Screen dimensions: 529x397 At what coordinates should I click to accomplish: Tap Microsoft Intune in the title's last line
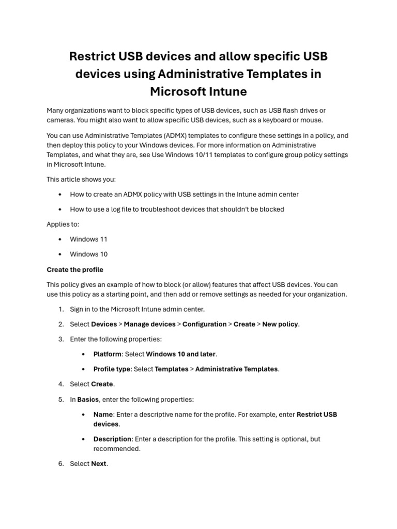point(198,91)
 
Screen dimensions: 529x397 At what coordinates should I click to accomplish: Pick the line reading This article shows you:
point(81,179)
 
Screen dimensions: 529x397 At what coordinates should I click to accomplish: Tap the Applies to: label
point(63,224)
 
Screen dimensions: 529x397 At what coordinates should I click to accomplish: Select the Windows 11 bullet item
point(88,239)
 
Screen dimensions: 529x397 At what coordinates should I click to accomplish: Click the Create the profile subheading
point(75,270)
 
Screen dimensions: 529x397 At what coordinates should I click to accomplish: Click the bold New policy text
point(280,324)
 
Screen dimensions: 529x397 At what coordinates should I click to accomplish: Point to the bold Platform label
point(107,354)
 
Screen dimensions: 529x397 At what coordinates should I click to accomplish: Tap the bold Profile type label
point(112,369)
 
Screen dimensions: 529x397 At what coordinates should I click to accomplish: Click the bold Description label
point(112,439)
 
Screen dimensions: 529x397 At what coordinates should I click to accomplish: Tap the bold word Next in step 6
point(99,463)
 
